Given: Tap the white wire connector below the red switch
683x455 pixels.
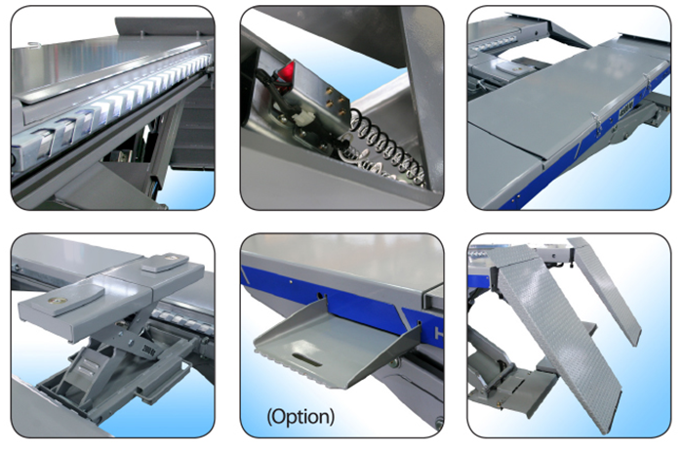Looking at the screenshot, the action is pos(304,118).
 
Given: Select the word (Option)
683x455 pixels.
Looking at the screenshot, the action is pos(301,417).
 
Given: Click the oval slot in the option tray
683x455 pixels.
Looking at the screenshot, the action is pos(307,360).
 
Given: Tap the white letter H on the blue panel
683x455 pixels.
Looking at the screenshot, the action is pos(439,334).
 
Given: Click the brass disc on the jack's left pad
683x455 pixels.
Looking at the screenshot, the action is pos(56,301).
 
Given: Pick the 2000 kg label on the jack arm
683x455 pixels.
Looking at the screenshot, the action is pos(148,349).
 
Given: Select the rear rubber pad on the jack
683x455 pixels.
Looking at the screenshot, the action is pos(165,263).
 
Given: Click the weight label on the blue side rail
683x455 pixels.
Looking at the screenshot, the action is pos(626,112).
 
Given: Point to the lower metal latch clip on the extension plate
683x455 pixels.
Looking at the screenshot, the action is pos(596,122).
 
